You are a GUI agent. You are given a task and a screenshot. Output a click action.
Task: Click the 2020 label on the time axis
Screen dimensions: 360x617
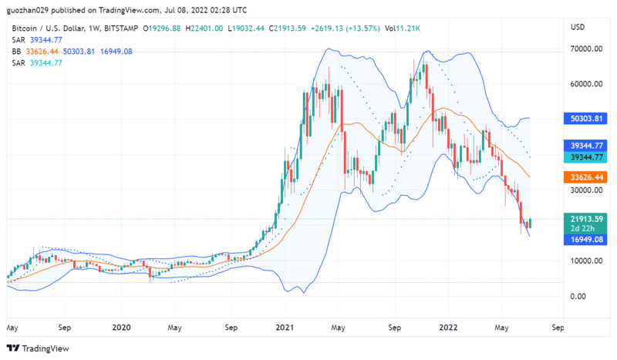pyautogui.click(x=121, y=327)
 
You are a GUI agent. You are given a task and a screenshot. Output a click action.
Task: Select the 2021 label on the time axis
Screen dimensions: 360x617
pyautogui.click(x=286, y=327)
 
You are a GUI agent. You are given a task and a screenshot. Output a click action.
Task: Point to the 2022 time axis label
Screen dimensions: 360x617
pyautogui.click(x=449, y=327)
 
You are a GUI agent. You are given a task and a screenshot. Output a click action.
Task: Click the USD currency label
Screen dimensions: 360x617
pyautogui.click(x=578, y=27)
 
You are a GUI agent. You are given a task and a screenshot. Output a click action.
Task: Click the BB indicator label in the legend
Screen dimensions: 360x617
pyautogui.click(x=16, y=51)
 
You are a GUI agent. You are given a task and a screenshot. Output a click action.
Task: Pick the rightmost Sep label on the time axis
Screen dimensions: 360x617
pyautogui.click(x=558, y=327)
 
